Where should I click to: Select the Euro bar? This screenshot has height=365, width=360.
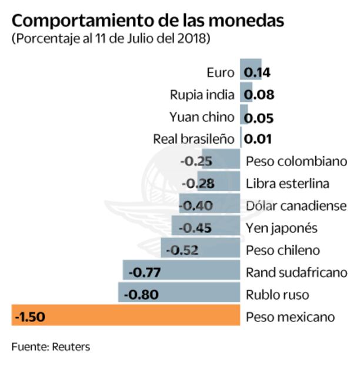click(251, 67)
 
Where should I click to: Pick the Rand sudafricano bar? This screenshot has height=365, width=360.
click(200, 271)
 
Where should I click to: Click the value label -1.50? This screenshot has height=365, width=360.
click(28, 317)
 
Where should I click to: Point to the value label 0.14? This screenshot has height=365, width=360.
click(257, 73)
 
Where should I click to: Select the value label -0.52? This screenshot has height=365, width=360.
click(182, 250)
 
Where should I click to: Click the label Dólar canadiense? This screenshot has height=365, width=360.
click(296, 206)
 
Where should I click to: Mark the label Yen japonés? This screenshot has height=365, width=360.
click(281, 228)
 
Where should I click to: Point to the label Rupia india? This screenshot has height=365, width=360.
click(202, 95)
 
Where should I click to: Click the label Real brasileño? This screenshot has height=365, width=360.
click(194, 140)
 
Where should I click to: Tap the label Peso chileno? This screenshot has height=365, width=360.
click(282, 250)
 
